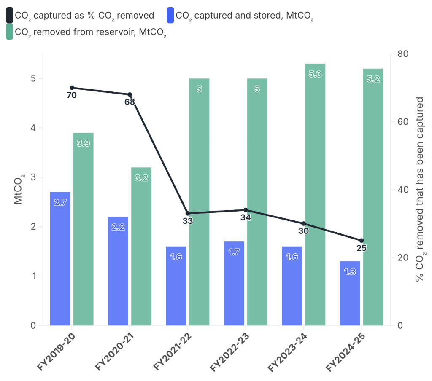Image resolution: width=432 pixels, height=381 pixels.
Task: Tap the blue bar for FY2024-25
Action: pyautogui.click(x=350, y=293)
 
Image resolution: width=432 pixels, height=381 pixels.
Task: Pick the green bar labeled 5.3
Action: pyautogui.click(x=315, y=194)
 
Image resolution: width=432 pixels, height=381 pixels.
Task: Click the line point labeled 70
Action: pyautogui.click(x=72, y=88)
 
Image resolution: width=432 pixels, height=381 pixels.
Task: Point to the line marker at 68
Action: pyautogui.click(x=130, y=94)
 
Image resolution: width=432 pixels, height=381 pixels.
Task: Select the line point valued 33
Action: pyautogui.click(x=188, y=213)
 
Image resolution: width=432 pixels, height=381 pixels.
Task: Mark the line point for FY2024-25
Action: pyautogui.click(x=362, y=240)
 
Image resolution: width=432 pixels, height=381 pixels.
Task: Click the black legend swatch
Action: pyautogui.click(x=9, y=16)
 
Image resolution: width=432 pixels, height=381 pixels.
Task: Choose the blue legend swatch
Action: pyautogui.click(x=170, y=16)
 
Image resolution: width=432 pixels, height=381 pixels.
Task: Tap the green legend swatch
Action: pyautogui.click(x=9, y=32)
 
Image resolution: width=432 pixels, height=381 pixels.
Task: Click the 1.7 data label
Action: pyautogui.click(x=234, y=252)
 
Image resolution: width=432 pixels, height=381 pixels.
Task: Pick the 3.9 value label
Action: pyautogui.click(x=83, y=144)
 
